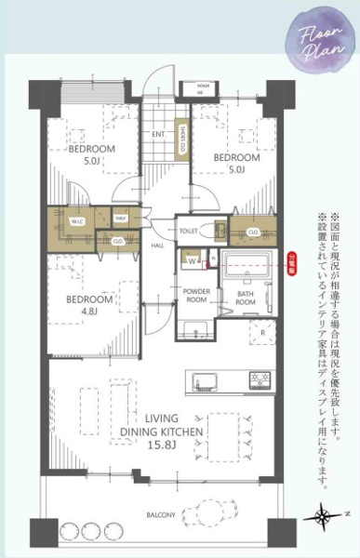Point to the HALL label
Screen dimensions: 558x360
pos(158,246)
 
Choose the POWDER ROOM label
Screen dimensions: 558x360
pos(196,296)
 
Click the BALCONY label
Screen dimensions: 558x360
pos(162,513)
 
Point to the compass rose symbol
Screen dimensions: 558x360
pos(325,514)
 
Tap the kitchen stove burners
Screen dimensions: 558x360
pos(258,379)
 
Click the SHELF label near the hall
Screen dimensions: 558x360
pos(121,219)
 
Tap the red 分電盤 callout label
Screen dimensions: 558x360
pos(293,259)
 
